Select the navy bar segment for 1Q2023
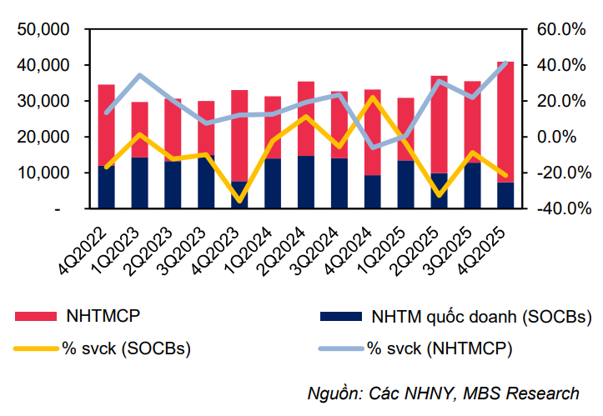click(x=140, y=183)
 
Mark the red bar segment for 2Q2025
click(x=440, y=125)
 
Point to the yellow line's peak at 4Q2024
click(x=373, y=98)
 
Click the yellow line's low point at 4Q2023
click(x=240, y=201)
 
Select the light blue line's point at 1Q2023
click(x=140, y=76)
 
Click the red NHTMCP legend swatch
click(x=36, y=317)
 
